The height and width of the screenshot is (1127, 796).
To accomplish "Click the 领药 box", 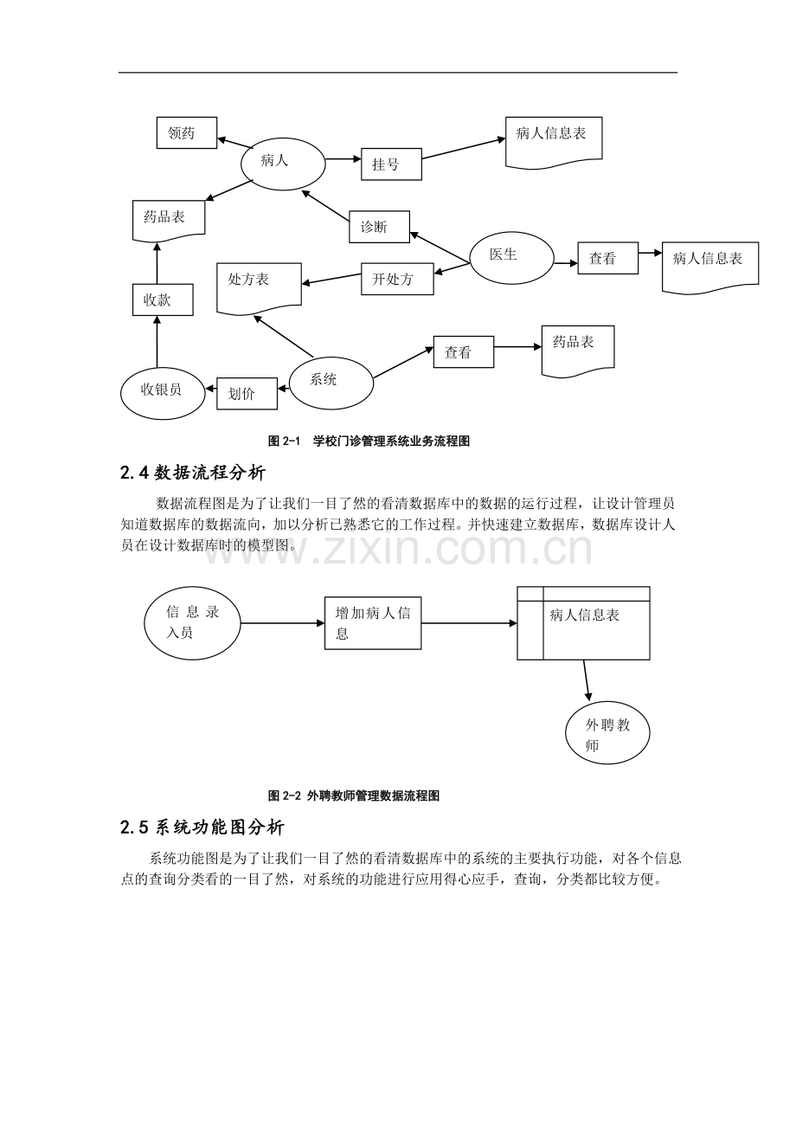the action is click(187, 132).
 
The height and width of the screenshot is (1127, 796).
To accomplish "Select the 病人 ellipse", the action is click(283, 164).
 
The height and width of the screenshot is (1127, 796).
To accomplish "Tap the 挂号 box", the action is click(391, 164).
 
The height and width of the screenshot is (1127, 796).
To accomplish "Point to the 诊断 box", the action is click(379, 227).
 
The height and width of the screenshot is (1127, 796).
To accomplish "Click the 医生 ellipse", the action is click(512, 258).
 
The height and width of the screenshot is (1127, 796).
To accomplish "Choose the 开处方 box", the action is click(397, 279).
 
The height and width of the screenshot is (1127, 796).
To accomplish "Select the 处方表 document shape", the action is click(259, 289).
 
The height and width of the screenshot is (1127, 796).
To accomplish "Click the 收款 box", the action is click(163, 299).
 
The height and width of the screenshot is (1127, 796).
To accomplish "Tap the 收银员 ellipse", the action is click(163, 393).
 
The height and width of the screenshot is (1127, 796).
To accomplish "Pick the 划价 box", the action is click(247, 394).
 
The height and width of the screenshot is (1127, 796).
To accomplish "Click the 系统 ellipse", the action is click(331, 383).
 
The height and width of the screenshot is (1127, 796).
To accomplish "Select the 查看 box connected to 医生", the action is click(608, 258).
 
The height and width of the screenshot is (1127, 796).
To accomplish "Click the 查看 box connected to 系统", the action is click(464, 351).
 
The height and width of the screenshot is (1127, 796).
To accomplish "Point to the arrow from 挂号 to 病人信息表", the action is click(464, 148).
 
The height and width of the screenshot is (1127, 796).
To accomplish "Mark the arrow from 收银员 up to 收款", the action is click(157, 342).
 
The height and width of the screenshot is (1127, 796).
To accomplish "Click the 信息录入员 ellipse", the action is click(192, 623).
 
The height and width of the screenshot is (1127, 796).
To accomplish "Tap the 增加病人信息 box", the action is click(373, 623).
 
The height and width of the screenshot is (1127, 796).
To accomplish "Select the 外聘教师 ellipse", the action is click(607, 733).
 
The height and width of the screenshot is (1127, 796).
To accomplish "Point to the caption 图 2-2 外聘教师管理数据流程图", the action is click(354, 795).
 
